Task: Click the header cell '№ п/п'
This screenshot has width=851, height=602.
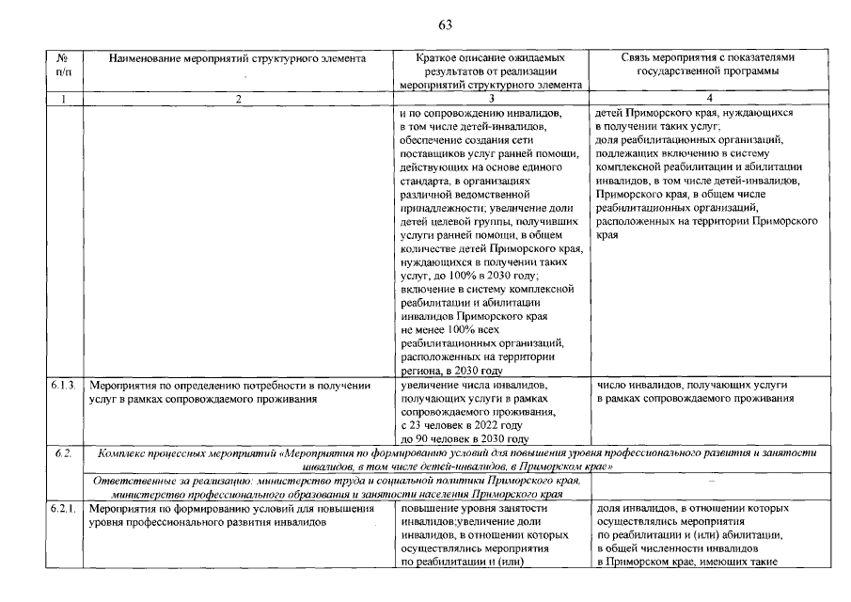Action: [62, 64]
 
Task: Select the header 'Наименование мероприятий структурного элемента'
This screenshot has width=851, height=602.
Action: [237, 58]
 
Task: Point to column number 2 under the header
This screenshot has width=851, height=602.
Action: [239, 98]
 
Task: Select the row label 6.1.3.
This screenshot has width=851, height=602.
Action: [63, 386]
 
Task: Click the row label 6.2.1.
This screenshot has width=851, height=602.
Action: [63, 509]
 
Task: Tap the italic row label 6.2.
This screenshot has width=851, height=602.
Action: [63, 453]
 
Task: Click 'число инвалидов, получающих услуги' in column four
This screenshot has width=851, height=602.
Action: [691, 386]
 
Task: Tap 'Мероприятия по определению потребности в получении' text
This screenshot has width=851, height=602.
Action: [228, 386]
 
